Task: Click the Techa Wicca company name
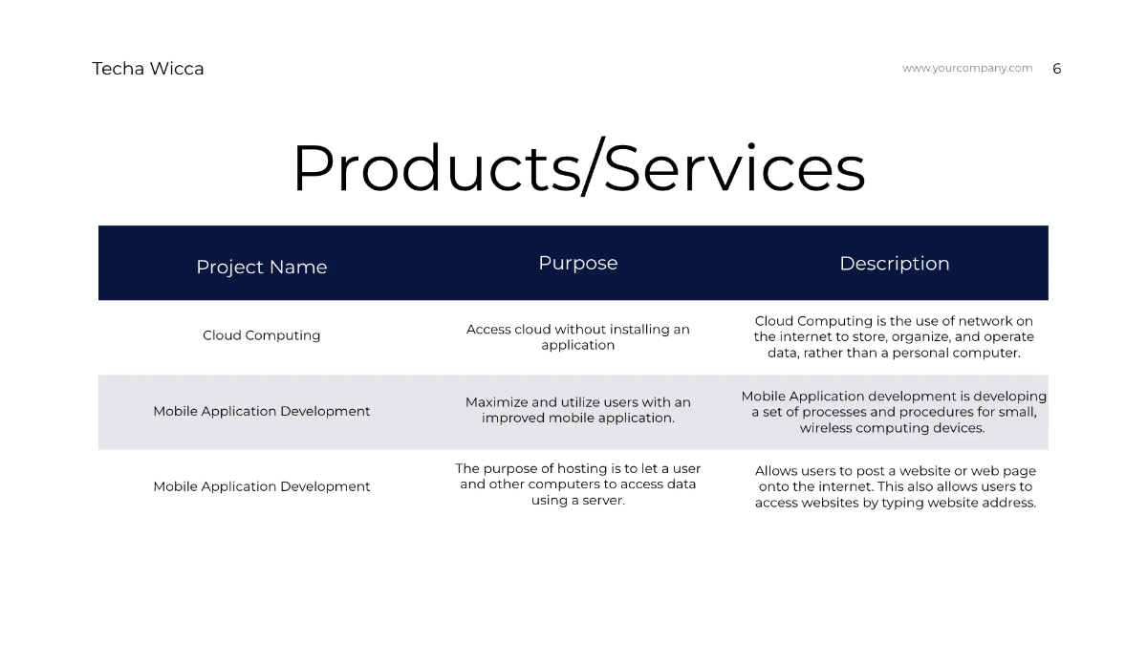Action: pos(148,69)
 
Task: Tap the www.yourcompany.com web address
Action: pos(967,68)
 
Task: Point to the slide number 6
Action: pos(1057,69)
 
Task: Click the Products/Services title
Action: pos(578,169)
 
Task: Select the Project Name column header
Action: pos(261,268)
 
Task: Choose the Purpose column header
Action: pos(577,263)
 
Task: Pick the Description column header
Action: pos(894,264)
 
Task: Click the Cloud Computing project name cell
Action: pos(261,335)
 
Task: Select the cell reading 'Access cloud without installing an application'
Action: pos(577,336)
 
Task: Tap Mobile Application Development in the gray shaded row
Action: pos(261,411)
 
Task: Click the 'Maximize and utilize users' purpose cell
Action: pos(577,410)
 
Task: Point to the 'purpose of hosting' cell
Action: pos(577,484)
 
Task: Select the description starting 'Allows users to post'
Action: pos(895,486)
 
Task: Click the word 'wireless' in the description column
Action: pos(828,428)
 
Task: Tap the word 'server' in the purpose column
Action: pos(602,501)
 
